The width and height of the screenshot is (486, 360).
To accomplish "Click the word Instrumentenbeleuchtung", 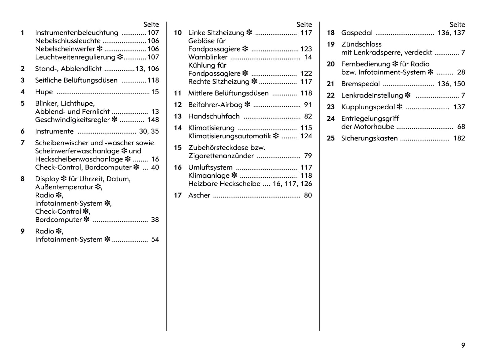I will pos(77,33).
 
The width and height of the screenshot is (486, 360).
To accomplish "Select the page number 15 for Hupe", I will pos(155,92).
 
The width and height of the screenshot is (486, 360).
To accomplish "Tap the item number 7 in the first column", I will pos(23,143).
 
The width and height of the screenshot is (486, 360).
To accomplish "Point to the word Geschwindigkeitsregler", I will pos(72,120).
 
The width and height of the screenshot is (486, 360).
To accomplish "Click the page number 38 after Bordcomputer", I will pos(155,220).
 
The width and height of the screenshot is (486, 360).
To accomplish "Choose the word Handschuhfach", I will pos(214,116).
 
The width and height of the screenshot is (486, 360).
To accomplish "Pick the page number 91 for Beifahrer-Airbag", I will pos(308,105).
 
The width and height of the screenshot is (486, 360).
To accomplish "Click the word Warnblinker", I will pos(208,57).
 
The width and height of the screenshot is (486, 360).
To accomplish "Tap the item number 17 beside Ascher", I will pos(178,195).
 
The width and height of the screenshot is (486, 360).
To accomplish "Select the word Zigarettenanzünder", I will pos(221,156).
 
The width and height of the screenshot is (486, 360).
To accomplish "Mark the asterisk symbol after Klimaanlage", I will pos(234,175).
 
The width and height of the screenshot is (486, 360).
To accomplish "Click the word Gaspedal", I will pos(357,33).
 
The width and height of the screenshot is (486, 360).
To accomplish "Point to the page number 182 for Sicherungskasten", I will pos(459,138).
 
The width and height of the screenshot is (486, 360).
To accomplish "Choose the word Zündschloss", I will pos(361,44).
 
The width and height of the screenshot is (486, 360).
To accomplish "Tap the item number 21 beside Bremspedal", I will pos(331,84).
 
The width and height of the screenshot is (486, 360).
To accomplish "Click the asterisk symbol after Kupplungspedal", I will pos(400,107).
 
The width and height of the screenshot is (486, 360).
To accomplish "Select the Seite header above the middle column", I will pos(304,25).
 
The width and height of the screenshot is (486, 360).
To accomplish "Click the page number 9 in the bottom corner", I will pos(463,345).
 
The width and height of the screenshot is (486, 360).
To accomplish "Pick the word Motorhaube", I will pos(374,127).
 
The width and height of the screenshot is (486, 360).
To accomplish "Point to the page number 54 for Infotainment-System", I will pos(155,240).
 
